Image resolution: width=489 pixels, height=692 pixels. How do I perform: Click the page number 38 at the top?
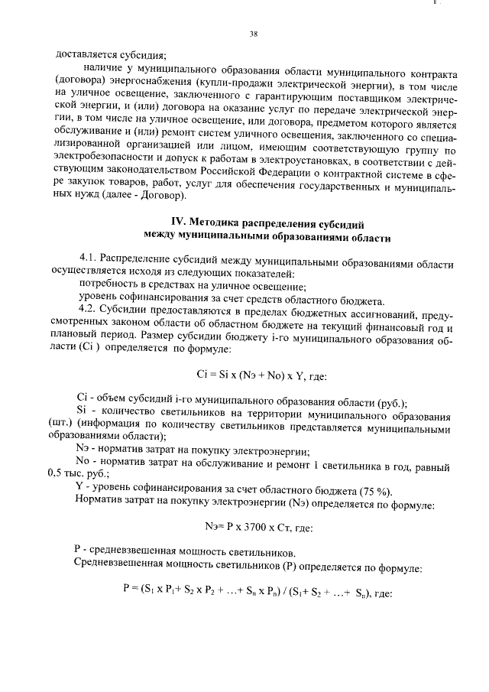(253, 34)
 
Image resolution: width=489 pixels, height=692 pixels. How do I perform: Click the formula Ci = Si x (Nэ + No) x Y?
(251, 374)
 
